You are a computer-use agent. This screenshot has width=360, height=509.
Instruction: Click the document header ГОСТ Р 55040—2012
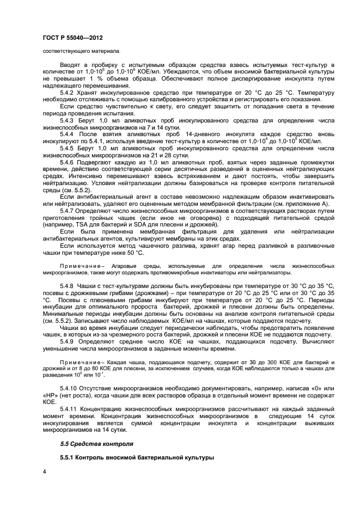[71, 38]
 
